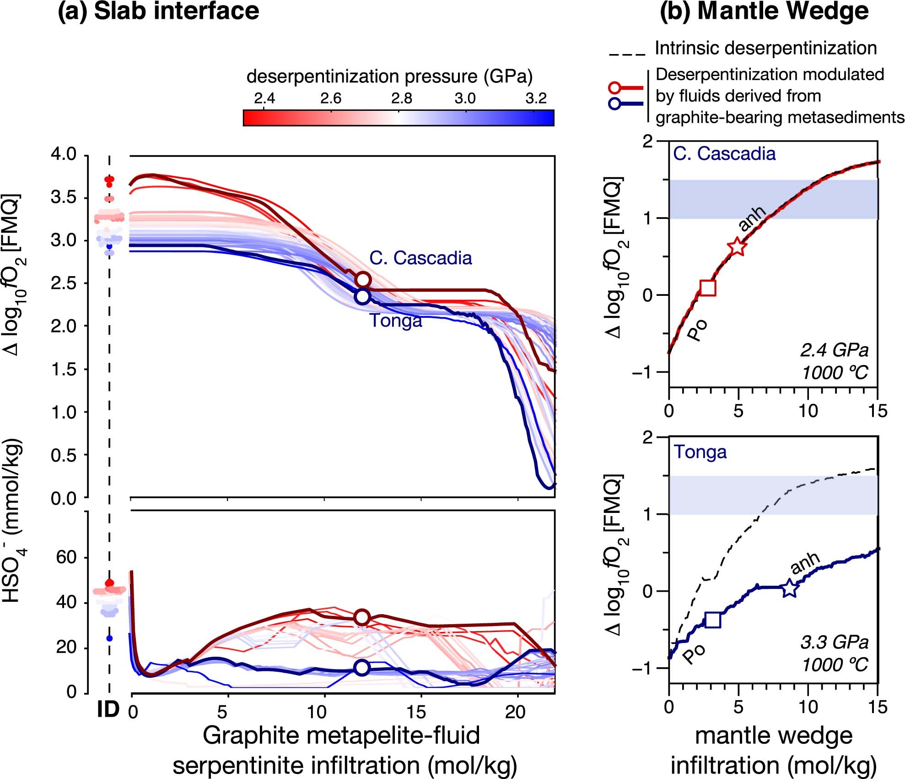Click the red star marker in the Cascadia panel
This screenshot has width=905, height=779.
tap(737, 246)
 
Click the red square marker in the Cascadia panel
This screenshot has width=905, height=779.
tap(708, 288)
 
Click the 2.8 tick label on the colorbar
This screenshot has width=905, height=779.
tap(401, 98)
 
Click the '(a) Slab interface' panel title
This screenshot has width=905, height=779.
tap(158, 11)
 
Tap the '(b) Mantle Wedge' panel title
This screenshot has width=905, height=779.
tap(764, 11)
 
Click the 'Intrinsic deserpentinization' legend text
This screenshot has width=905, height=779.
tap(765, 48)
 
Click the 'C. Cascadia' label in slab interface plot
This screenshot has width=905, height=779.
tap(420, 258)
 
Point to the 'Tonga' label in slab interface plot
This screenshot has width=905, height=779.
tap(396, 321)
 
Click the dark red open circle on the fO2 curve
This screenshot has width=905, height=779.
tap(363, 279)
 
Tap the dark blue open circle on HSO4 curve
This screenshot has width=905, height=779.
tap(362, 668)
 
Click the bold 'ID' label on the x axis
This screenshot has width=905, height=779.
tap(108, 710)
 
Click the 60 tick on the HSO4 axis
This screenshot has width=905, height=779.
tap(66, 557)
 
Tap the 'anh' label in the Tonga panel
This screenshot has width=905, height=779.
tap(805, 563)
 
